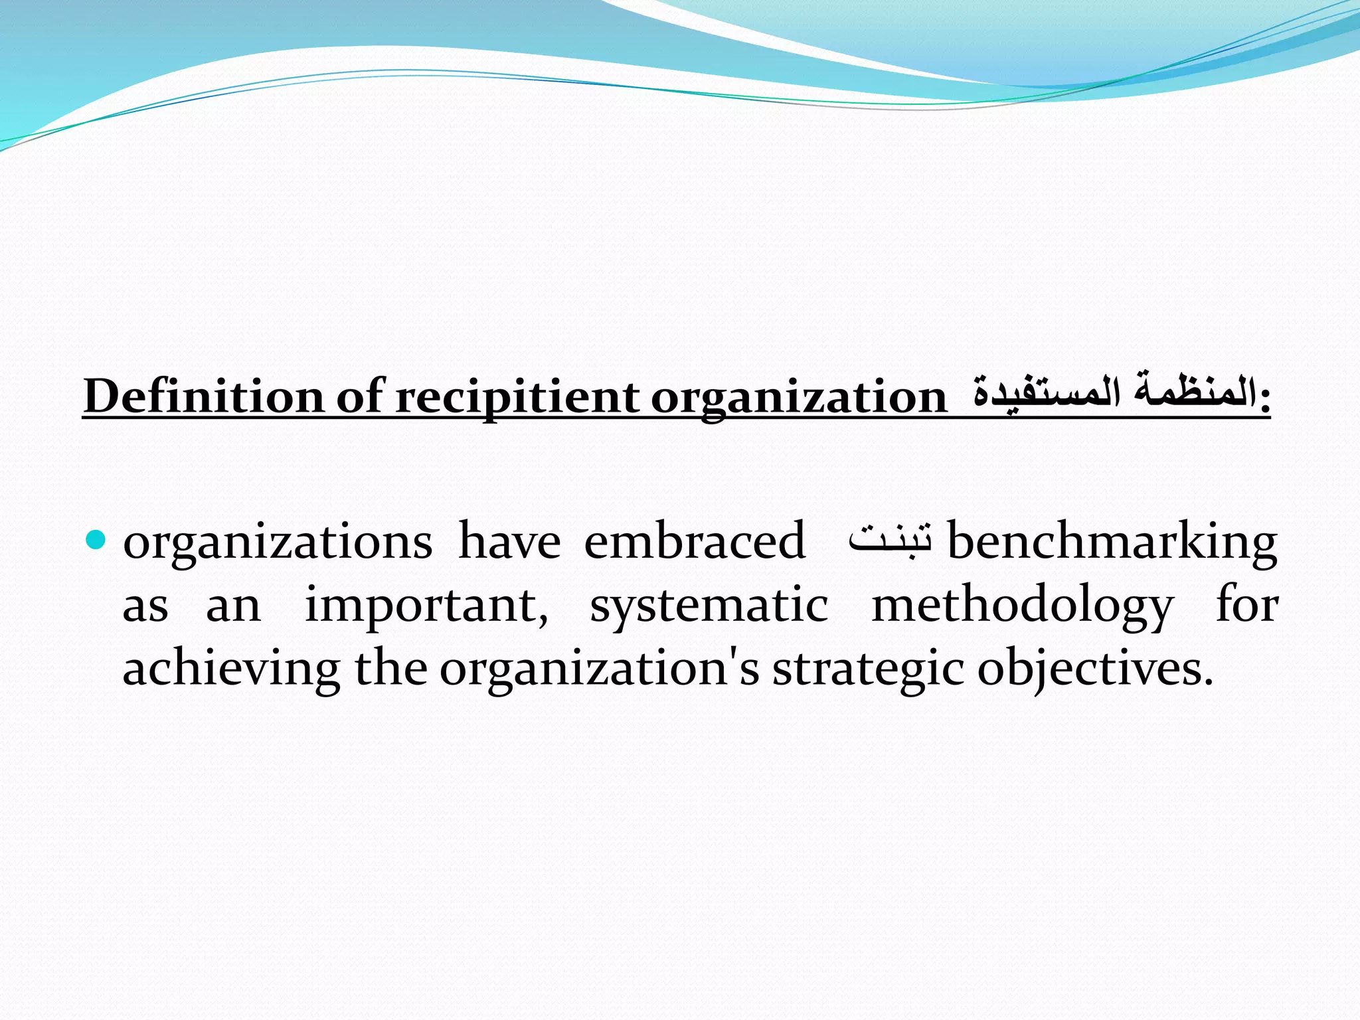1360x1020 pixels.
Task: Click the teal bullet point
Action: click(x=96, y=540)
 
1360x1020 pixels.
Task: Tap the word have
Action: click(x=509, y=541)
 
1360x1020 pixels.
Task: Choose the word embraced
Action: click(x=695, y=541)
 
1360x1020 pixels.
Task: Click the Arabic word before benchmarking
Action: click(x=891, y=539)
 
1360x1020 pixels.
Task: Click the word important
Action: click(x=426, y=606)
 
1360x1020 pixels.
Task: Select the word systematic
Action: click(x=709, y=606)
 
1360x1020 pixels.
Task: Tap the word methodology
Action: click(x=1022, y=606)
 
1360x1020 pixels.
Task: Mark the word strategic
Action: click(x=868, y=670)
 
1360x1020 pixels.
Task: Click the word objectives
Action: click(x=1091, y=670)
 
